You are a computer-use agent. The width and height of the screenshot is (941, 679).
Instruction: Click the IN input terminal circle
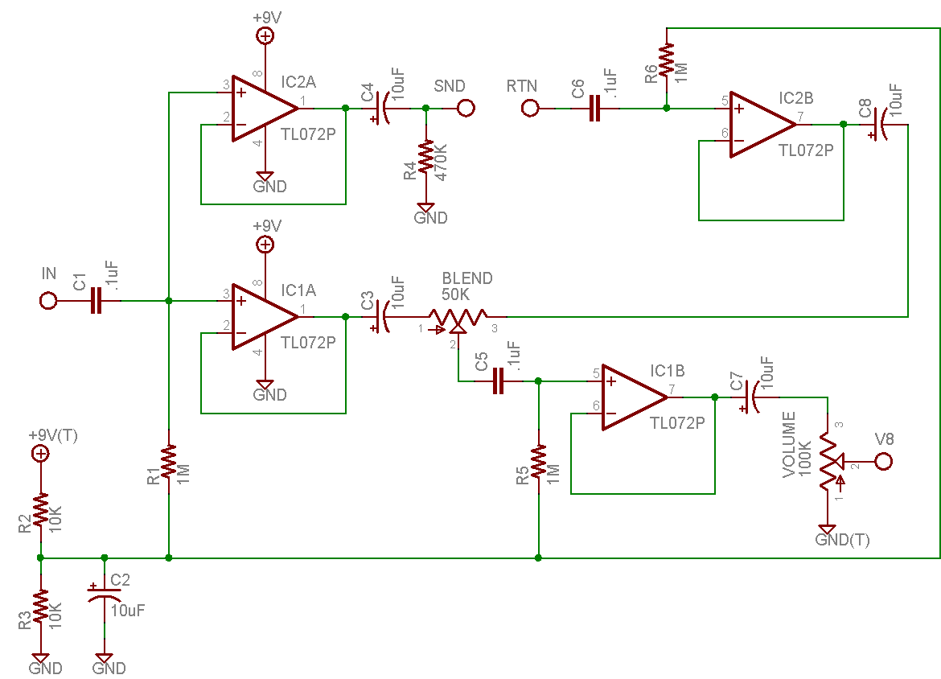click(48, 300)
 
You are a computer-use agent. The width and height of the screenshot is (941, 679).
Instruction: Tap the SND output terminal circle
click(466, 108)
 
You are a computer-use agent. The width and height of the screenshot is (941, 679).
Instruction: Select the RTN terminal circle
click(530, 108)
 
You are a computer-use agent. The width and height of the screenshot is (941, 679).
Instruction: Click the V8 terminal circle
click(883, 462)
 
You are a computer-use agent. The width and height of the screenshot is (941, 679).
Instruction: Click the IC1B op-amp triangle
click(635, 397)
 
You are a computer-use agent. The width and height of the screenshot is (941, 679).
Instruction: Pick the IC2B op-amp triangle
click(763, 125)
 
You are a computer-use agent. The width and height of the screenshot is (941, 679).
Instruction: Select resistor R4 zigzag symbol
click(426, 157)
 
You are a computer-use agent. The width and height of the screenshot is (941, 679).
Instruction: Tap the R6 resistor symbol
click(667, 60)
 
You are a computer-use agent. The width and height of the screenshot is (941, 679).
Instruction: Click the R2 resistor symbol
click(41, 510)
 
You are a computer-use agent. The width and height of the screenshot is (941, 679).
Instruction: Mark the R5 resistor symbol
click(538, 461)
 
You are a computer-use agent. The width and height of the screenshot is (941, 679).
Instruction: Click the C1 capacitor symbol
click(96, 300)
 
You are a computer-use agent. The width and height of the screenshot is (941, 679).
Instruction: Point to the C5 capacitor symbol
click(498, 381)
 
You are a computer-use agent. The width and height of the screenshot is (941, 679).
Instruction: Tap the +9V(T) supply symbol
click(41, 454)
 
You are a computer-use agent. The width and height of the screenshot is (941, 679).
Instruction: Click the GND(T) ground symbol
click(827, 530)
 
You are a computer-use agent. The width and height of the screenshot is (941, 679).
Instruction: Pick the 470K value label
click(441, 162)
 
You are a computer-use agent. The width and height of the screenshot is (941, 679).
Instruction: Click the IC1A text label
click(298, 290)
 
